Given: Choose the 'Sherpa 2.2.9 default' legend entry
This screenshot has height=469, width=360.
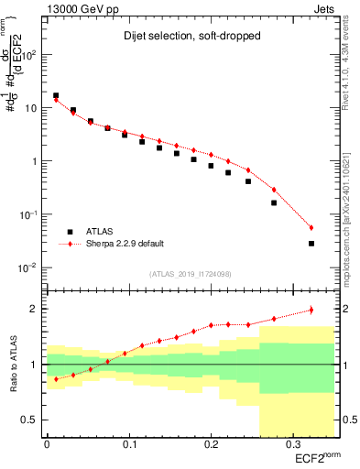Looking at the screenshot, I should [x=125, y=245].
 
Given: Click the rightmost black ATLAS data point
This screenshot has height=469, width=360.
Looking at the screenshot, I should [x=311, y=244].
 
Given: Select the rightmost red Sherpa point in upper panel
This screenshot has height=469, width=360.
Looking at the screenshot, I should [x=311, y=228].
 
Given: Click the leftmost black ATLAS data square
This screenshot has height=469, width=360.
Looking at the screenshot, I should [x=56, y=95].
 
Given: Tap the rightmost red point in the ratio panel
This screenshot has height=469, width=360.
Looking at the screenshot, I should [x=311, y=310].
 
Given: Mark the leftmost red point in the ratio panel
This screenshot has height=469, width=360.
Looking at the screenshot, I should [x=56, y=378].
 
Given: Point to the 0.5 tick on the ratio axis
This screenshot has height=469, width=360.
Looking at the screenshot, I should [x=34, y=420].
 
